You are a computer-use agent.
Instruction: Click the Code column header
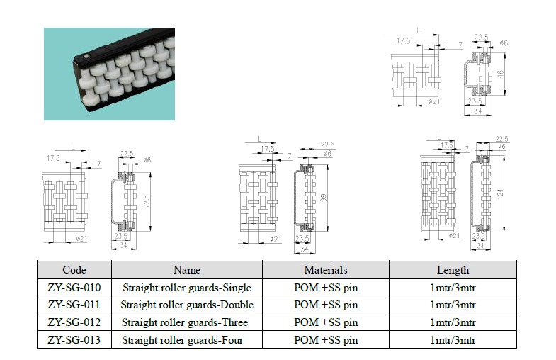coord(74,270)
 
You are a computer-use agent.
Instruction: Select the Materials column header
coord(326,270)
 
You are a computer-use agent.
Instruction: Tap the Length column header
coord(453,270)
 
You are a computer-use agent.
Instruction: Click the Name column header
coord(187,270)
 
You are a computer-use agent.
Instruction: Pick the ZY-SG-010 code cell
coord(74,287)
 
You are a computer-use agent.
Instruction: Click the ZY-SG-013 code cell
coord(74,339)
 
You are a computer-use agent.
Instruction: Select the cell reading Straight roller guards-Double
coord(187,305)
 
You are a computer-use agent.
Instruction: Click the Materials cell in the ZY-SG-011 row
coord(326,305)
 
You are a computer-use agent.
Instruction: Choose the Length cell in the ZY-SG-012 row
coord(453,322)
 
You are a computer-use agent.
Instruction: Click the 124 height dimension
coord(500,194)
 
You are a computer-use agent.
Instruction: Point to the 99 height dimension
coord(324,198)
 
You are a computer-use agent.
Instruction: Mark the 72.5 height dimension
coord(147,201)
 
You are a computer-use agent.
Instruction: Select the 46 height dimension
coord(500,74)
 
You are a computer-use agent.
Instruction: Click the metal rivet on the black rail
coord(86,56)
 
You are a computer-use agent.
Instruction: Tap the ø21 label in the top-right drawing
coord(434,101)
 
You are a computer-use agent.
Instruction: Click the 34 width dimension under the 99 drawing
coord(305,249)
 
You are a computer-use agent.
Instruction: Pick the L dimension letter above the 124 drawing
coord(439,137)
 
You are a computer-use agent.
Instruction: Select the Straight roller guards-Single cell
coord(187,287)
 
